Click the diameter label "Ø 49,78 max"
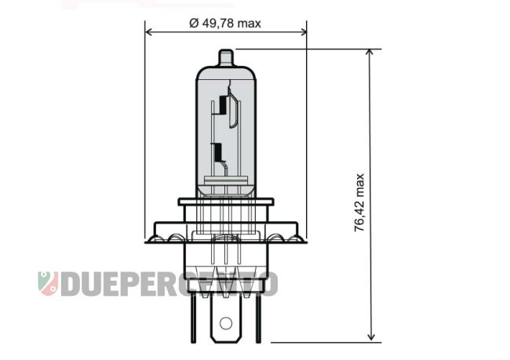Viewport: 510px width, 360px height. [x=225, y=24]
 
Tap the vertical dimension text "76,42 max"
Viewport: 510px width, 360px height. [x=359, y=202]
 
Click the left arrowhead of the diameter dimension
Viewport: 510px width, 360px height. [x=149, y=32]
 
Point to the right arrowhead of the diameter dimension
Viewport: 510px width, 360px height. [x=303, y=32]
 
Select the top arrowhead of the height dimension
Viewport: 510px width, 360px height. [x=370, y=53]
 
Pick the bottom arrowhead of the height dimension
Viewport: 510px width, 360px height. [x=370, y=336]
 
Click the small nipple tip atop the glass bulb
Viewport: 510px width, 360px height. [x=226, y=57]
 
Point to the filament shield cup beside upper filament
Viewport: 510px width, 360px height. [x=234, y=111]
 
